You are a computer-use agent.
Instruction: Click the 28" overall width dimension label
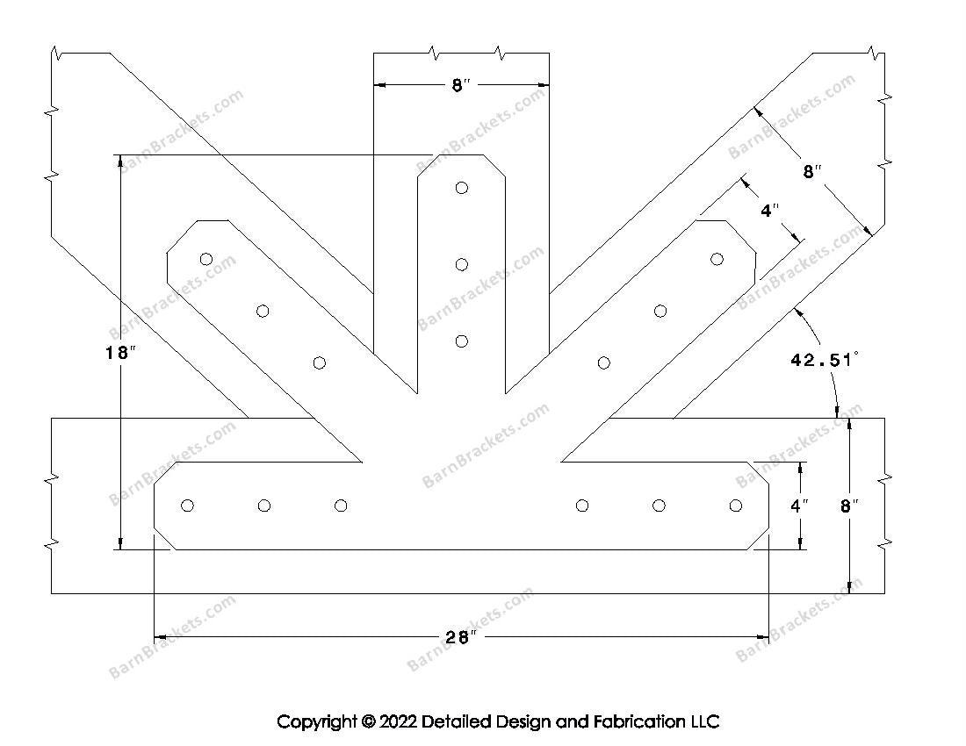tap(458, 638)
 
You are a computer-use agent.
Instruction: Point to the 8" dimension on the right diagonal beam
tap(811, 173)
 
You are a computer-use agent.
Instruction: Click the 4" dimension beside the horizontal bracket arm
tap(798, 506)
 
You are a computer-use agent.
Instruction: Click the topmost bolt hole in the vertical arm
tap(462, 188)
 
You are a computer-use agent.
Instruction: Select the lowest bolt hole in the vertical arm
tap(462, 341)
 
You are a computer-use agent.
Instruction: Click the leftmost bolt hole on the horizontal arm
tap(187, 506)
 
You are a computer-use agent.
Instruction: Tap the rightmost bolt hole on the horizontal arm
tap(736, 506)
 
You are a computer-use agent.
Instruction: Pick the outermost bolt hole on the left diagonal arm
tap(206, 259)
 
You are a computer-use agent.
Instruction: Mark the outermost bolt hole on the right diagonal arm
tap(717, 259)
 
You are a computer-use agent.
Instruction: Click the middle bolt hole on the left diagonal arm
tap(263, 311)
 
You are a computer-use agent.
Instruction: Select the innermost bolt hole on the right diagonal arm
tap(604, 362)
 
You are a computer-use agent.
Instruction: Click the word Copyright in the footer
tap(316, 722)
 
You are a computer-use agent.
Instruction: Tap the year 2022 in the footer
tap(397, 722)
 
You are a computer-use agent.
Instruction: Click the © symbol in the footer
tap(367, 722)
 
